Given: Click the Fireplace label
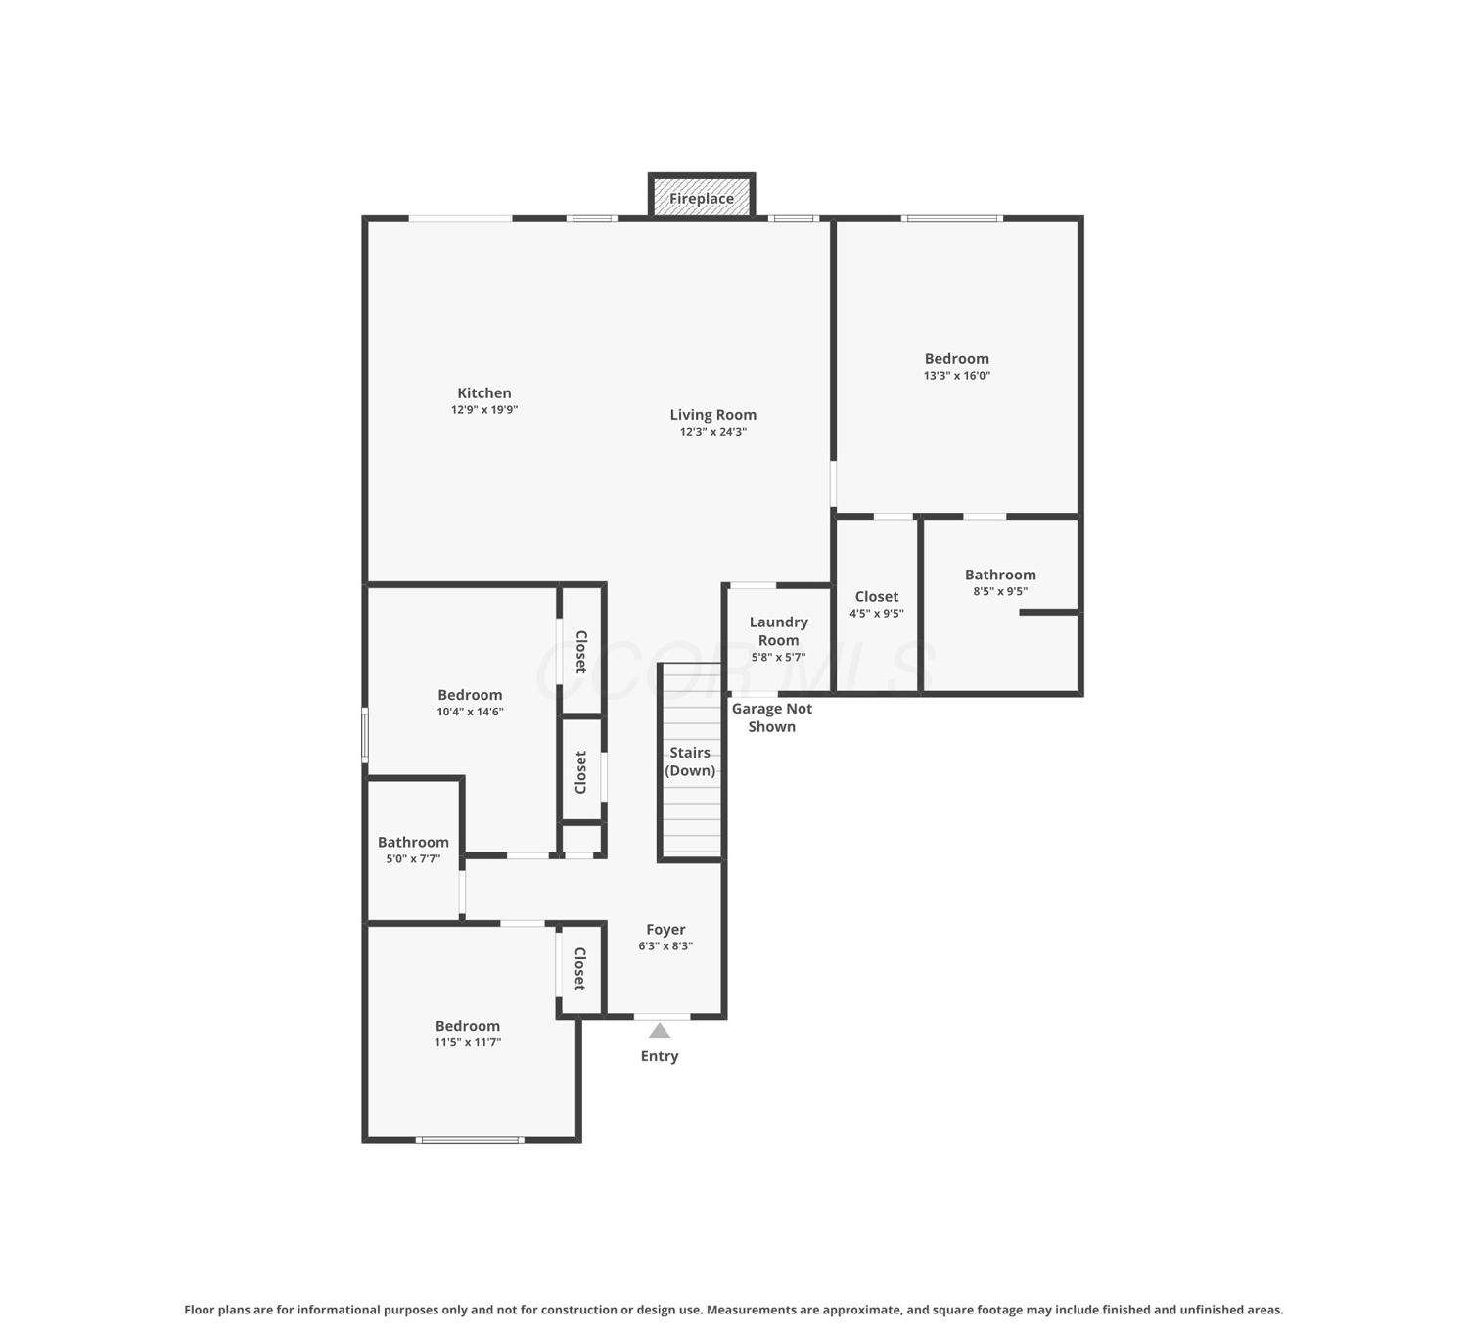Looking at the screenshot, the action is coord(701,199).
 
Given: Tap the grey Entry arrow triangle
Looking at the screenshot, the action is coord(660,1031).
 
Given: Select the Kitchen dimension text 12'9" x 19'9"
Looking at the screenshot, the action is coord(484,410).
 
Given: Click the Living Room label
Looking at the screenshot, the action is coord(712,414).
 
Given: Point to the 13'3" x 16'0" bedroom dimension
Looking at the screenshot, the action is coord(956,376).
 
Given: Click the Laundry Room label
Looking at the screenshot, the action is coord(778,630).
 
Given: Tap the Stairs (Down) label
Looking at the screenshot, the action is coord(690,761).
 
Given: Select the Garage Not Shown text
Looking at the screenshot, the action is coord(771,717).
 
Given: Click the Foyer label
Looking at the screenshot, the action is coord(665,929).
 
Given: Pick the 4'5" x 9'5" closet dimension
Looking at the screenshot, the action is coord(876,614).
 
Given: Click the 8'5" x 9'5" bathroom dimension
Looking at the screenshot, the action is coord(999,591).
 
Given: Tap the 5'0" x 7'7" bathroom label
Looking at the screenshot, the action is coord(413,858).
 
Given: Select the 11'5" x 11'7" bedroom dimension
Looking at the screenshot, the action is coord(468,1042).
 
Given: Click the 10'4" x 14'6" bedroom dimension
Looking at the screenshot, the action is coord(470,712).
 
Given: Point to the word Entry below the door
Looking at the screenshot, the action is coord(660,1056).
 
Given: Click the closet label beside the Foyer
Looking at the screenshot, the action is coord(579,969).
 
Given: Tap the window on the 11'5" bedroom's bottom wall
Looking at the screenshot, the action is coord(470,1140).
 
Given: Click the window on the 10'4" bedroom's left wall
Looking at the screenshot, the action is coord(365,735).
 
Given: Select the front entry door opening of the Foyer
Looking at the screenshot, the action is coord(662,1016).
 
